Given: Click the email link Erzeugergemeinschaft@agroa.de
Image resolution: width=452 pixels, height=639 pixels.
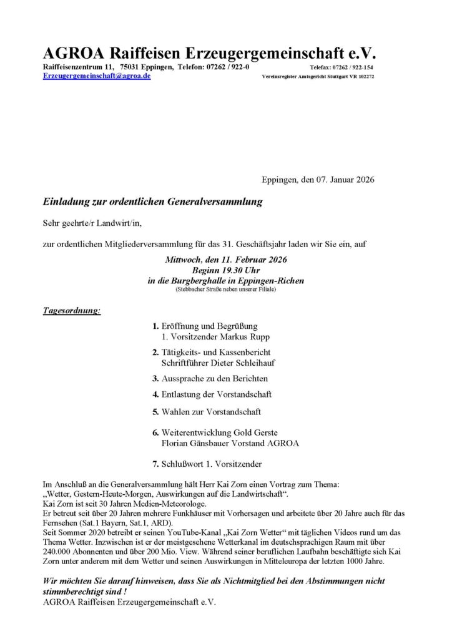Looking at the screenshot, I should click(97, 76).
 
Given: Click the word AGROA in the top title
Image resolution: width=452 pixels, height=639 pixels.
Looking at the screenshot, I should click(72, 52).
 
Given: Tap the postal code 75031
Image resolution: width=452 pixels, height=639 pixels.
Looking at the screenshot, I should click(132, 66).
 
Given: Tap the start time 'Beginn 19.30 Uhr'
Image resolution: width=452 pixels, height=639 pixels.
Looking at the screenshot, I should click(226, 270).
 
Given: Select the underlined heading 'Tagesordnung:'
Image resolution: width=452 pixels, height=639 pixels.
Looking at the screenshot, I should click(72, 310).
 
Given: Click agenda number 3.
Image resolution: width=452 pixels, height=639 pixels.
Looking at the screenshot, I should click(155, 378).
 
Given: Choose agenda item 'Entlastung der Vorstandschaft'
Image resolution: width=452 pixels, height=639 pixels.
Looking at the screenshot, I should click(217, 394).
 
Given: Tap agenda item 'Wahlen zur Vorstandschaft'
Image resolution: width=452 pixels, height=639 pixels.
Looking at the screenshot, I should click(211, 411).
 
